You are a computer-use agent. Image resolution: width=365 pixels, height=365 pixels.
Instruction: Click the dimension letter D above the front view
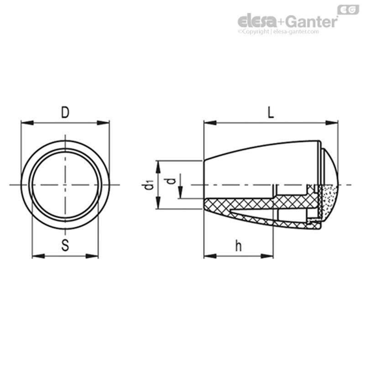tap(65, 113)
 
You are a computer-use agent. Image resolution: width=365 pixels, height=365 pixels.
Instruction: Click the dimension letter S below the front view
tap(65, 246)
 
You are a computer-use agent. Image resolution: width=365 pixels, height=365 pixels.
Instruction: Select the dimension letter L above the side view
tap(271, 113)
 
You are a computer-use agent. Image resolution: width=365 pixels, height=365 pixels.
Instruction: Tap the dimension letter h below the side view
tap(238, 246)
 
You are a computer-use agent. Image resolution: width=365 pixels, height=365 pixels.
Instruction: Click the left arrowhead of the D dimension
tap(26, 122)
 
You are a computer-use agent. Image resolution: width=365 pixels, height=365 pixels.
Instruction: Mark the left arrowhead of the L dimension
tap(209, 122)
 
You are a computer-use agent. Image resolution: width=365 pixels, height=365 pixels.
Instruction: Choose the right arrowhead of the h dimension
tap(269, 255)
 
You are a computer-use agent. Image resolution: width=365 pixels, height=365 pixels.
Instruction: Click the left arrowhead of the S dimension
tap(36, 255)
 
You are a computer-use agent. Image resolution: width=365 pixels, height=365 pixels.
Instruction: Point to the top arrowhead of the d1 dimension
tap(157, 165)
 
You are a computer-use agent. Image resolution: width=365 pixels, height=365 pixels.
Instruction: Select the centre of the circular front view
tap(66, 185)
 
